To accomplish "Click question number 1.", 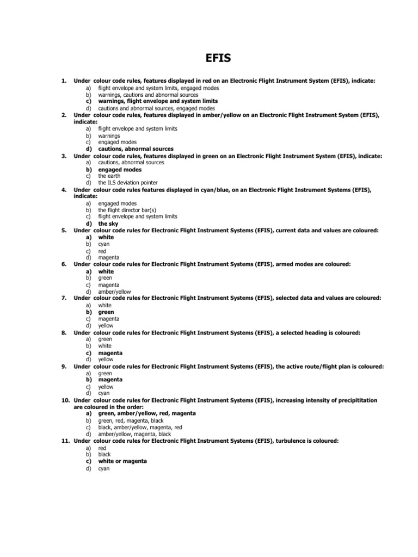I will [64, 81].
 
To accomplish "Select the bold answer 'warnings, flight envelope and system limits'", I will [158, 101].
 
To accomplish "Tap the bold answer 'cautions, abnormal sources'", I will [136, 149].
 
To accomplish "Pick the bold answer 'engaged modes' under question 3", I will [120, 169].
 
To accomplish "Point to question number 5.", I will [64, 231].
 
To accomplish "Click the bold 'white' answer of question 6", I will [106, 271].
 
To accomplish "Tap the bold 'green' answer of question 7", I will [106, 312].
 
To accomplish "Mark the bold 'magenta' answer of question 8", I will [110, 353].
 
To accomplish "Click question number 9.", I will [64, 367].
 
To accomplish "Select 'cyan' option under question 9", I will [104, 393].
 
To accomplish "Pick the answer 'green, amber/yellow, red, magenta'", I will [147, 413].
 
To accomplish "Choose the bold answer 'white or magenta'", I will [122, 461].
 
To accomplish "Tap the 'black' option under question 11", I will [104, 454].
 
